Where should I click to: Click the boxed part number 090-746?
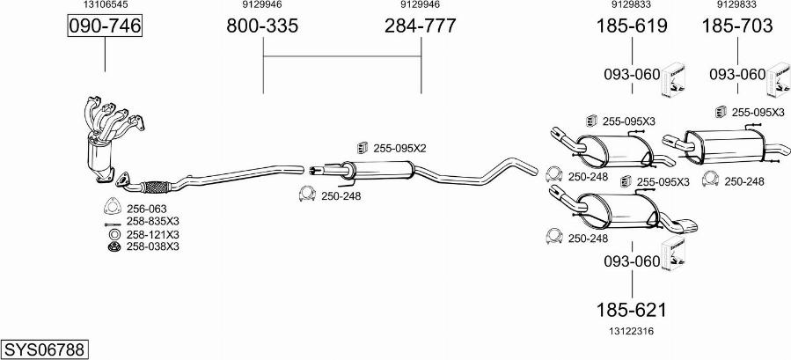(105, 26)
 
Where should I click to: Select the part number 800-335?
(262, 26)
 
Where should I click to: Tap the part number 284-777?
(421, 26)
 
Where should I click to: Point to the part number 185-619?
(632, 26)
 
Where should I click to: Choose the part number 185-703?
(737, 26)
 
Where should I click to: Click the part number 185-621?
(632, 310)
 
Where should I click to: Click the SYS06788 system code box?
(44, 349)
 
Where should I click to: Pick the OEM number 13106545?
(105, 4)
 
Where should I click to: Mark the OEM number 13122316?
(632, 331)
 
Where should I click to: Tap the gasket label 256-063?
(146, 209)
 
